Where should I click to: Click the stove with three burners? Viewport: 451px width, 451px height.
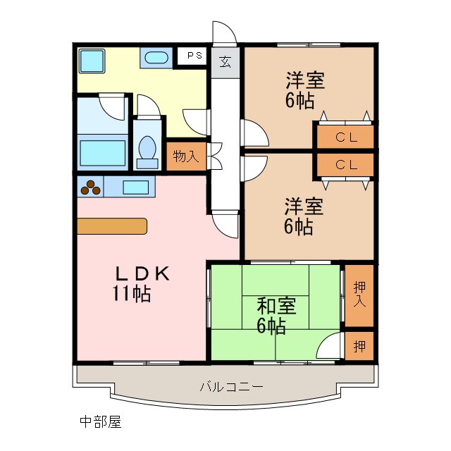91,187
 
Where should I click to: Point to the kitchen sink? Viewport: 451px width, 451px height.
136,187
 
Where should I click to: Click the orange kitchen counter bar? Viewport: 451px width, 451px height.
112,225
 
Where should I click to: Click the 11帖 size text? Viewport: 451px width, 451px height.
130,294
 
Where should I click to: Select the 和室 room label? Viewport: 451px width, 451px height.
276,307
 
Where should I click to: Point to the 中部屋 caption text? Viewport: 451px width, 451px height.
100,422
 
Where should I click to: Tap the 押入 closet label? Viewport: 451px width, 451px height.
359,295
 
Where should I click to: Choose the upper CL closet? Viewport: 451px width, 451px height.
345,137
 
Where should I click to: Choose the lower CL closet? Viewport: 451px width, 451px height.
345,165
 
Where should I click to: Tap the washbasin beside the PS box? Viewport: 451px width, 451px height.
155,58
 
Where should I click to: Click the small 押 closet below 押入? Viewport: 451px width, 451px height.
359,345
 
